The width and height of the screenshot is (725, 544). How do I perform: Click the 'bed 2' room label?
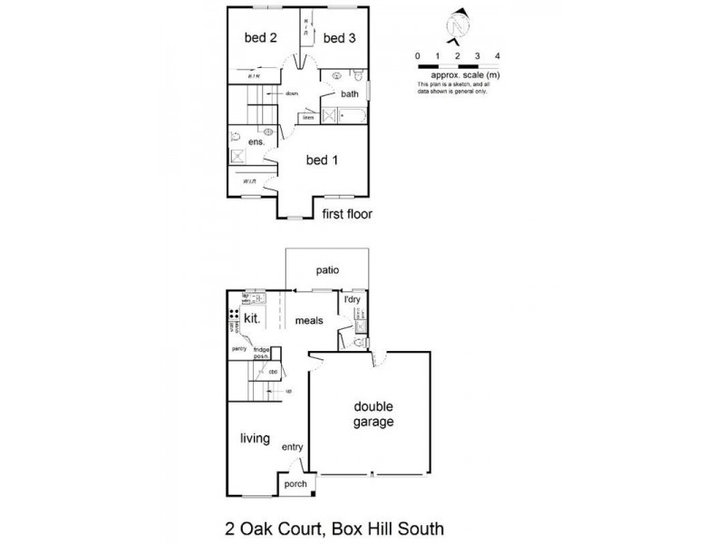(260, 37)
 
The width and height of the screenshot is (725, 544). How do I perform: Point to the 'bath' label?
(350, 93)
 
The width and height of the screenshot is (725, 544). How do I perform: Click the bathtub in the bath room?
(353, 116)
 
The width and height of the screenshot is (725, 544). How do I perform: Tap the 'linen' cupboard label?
(308, 117)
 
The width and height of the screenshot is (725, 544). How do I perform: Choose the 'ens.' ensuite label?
(256, 141)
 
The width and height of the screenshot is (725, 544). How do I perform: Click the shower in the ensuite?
(237, 156)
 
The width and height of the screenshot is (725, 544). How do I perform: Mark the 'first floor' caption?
(348, 215)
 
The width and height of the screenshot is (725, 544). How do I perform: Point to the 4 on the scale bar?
(498, 57)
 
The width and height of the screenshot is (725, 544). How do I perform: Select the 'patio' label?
(327, 269)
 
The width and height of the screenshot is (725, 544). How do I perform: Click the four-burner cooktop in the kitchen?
(234, 317)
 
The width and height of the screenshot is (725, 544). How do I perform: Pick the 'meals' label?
(309, 321)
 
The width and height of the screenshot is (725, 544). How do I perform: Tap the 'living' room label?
(255, 439)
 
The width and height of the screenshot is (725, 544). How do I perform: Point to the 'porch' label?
(296, 484)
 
